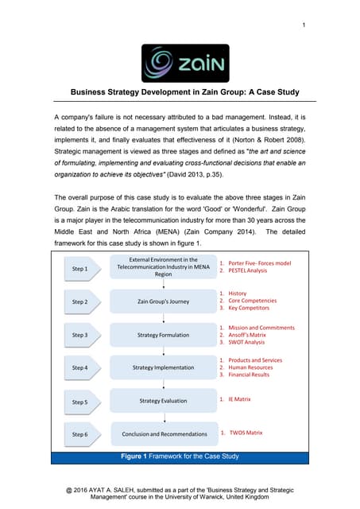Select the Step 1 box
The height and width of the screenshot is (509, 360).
coord(80,269)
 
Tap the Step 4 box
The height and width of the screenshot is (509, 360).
coord(80,368)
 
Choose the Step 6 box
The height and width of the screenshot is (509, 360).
coord(80,434)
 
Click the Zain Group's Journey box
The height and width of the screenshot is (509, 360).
coord(163,302)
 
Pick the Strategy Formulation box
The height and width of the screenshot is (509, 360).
coord(163,335)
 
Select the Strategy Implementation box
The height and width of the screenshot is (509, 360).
coord(163,368)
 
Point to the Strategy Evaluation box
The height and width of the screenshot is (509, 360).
coord(163,401)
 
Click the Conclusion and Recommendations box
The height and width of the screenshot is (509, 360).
coord(163,434)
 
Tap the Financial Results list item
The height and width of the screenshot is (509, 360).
coord(251,376)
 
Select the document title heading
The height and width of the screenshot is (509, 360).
coord(185,92)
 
